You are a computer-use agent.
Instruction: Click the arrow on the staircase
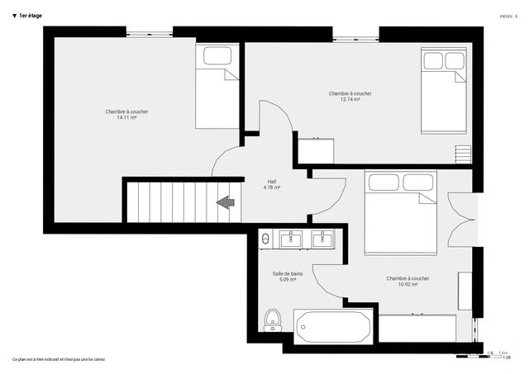(223, 201)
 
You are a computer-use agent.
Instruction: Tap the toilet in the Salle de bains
(272, 319)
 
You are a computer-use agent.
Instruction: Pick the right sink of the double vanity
(322, 239)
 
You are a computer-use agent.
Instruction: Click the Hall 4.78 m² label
(271, 185)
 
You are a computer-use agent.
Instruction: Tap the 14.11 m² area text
(126, 118)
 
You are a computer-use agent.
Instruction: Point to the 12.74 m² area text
(350, 100)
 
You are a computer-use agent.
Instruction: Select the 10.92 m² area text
(407, 284)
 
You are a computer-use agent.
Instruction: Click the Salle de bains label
(288, 273)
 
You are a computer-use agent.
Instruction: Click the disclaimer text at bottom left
(59, 359)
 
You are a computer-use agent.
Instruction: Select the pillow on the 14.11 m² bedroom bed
(217, 56)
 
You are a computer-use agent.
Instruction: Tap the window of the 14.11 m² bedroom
(150, 33)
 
